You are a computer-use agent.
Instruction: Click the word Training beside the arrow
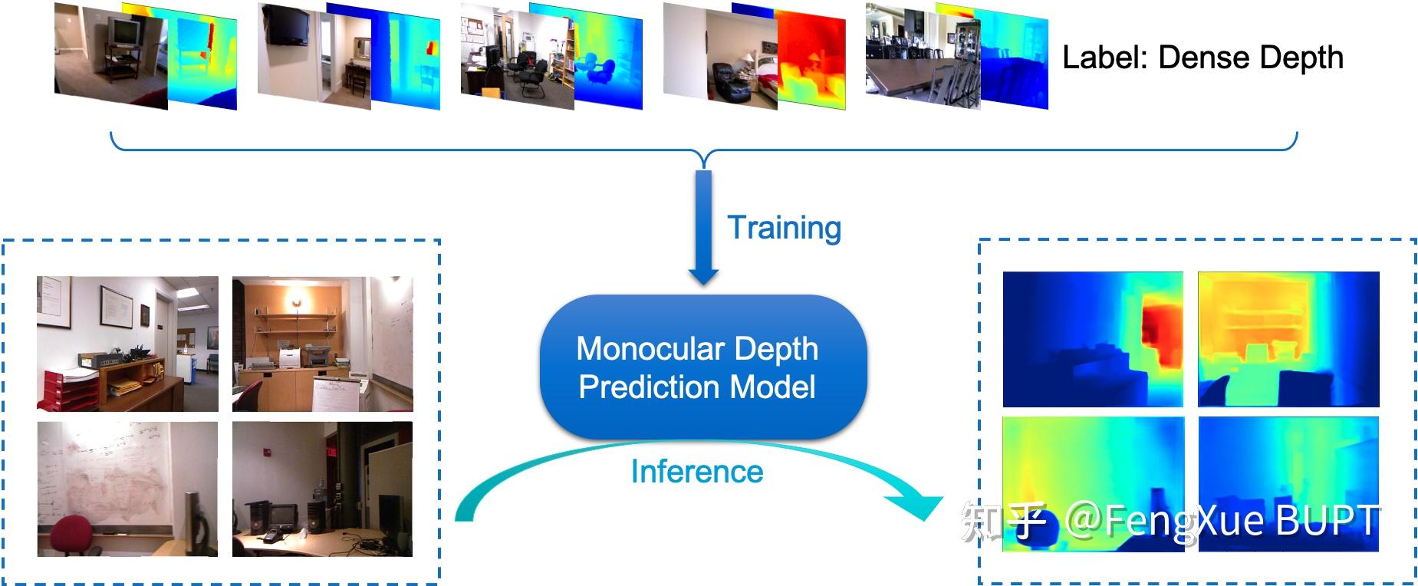tap(784, 228)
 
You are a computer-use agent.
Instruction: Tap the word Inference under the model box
tap(696, 471)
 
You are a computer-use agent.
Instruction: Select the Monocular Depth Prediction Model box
tap(703, 367)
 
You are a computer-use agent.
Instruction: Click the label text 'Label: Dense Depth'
tap(1202, 58)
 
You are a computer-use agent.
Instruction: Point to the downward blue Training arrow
tap(703, 228)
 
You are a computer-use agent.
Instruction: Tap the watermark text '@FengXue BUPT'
tap(1222, 521)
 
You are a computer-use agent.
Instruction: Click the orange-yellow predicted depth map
tap(1288, 339)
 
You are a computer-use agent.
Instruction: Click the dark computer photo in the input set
tap(322, 489)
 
